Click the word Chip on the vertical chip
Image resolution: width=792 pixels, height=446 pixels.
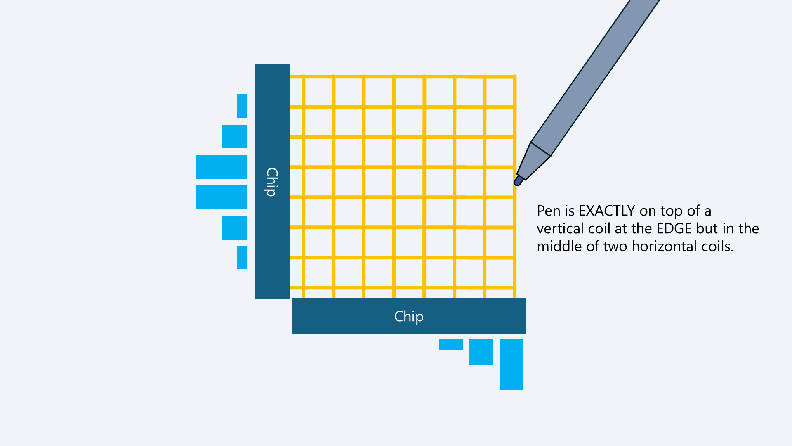click(x=271, y=182)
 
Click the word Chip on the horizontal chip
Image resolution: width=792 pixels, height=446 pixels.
click(x=408, y=316)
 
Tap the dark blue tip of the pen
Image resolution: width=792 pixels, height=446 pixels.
click(x=518, y=181)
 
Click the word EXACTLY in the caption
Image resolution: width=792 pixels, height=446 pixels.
click(x=607, y=211)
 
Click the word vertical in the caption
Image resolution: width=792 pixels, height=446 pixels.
click(x=556, y=229)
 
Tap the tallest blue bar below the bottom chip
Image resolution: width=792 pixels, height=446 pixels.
click(x=511, y=364)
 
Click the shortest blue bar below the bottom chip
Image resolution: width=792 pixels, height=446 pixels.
click(x=451, y=344)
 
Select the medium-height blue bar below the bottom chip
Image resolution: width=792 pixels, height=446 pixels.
click(x=481, y=351)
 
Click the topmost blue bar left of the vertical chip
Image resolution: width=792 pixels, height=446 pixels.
click(x=242, y=106)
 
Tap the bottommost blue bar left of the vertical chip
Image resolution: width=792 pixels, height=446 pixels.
click(x=242, y=257)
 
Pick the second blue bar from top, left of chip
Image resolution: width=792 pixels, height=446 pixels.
click(x=234, y=136)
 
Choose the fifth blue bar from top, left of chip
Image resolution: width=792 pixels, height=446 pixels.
click(x=234, y=227)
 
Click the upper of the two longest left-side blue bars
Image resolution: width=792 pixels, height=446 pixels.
click(x=222, y=167)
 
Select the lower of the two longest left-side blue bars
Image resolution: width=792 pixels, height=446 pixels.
click(x=222, y=197)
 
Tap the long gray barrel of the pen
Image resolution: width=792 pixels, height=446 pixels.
click(x=598, y=74)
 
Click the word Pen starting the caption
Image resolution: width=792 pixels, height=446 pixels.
click(x=549, y=211)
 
